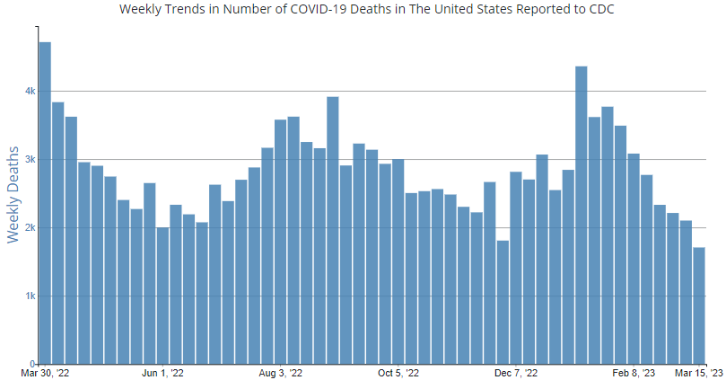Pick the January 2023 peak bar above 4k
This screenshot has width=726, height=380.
tap(581, 215)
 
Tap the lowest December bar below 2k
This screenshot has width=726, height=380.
tap(503, 302)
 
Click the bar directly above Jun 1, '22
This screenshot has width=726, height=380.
tap(162, 296)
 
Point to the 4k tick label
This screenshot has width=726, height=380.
tap(30, 92)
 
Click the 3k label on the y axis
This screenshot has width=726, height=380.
tap(30, 160)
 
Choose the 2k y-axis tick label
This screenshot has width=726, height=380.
tap(30, 228)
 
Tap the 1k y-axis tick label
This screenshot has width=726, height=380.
tap(30, 296)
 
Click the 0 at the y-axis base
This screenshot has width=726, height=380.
tap(32, 364)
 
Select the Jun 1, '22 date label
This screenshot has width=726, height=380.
tap(162, 373)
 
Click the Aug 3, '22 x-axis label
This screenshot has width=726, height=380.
tap(281, 373)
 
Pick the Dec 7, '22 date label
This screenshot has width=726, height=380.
tap(516, 373)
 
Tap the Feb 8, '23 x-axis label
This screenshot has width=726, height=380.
tap(634, 373)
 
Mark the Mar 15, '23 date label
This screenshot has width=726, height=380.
tap(700, 373)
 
